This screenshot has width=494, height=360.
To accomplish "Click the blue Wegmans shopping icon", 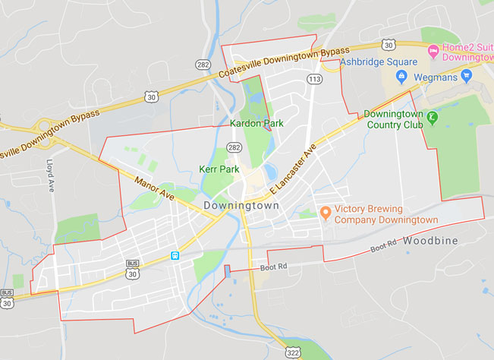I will [x=401, y=77].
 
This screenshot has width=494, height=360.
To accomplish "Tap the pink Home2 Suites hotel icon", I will [x=433, y=52].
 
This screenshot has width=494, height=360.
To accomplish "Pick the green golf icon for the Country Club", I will [x=431, y=118].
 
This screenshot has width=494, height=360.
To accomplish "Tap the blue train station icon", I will [x=175, y=256].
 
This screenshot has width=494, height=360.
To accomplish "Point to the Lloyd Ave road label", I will [x=51, y=174].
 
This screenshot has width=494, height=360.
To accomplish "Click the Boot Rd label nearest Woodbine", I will [x=385, y=248].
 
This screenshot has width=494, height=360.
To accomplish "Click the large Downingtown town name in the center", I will [x=241, y=206].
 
